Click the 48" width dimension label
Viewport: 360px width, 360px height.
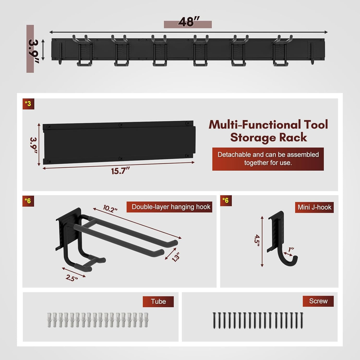coord(189,22)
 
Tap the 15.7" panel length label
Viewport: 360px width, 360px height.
coord(120,171)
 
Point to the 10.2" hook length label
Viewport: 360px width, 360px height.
coord(110,209)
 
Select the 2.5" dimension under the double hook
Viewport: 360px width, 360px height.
coord(72,278)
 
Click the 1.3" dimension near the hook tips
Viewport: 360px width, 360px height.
coord(176,257)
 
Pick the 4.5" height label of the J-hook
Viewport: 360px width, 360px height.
coord(257,240)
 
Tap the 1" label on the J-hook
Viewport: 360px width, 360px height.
coord(291,249)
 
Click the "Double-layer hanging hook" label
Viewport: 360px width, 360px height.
coord(171,207)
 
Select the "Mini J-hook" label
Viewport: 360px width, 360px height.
coord(314,207)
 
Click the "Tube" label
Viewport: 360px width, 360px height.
coord(158,301)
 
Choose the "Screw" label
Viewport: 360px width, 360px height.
coord(318,301)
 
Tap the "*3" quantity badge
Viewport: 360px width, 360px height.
coord(28,104)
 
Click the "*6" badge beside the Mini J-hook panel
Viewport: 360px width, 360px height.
coord(226,201)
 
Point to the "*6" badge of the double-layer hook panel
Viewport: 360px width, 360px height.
coord(28,201)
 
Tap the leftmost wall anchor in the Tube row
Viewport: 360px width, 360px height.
coord(49,320)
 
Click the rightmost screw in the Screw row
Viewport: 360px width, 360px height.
coord(302,320)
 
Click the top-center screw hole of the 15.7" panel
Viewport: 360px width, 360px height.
coord(121,125)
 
